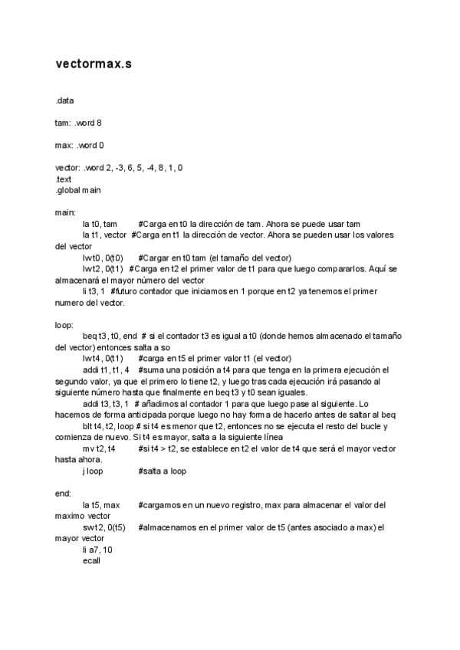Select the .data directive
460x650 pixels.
point(65,100)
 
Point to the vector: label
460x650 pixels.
point(67,167)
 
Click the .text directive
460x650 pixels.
point(64,179)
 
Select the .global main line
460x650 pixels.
point(77,189)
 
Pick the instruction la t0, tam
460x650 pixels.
point(100,223)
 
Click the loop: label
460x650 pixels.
point(64,324)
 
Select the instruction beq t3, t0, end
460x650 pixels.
point(110,336)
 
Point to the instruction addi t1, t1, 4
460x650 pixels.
point(106,369)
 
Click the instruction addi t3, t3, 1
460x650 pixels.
point(106,403)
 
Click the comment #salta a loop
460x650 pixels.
point(163,471)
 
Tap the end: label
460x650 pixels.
point(63,493)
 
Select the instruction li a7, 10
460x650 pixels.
point(97,550)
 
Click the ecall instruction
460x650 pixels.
point(91,561)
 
